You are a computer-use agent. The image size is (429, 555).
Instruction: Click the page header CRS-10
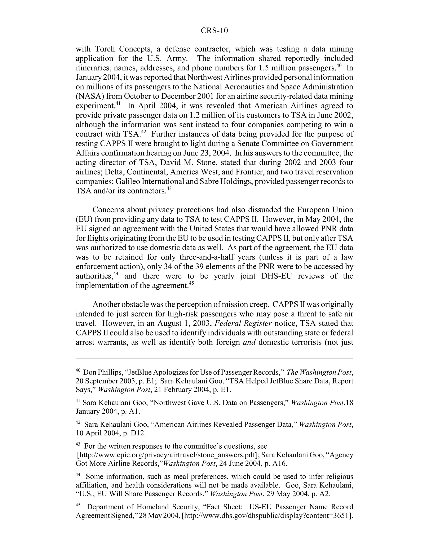click(214, 31)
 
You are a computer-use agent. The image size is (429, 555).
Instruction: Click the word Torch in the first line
click(105, 49)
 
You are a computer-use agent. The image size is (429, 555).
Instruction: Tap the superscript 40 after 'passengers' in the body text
click(339, 66)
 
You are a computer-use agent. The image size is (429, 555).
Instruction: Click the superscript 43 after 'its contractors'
click(169, 189)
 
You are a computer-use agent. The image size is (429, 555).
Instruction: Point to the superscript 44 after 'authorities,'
click(116, 274)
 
